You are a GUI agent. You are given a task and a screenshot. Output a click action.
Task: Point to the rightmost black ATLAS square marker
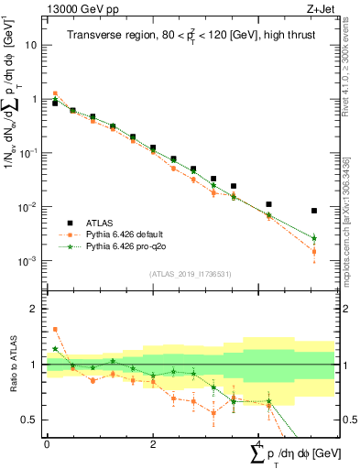click(314, 211)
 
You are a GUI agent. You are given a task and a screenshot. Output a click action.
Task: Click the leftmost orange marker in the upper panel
click(55, 93)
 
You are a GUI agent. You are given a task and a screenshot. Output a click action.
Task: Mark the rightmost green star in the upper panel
click(314, 238)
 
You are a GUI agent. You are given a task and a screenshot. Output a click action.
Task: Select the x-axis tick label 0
click(47, 443)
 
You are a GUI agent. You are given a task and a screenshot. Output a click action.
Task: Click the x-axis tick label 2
click(152, 443)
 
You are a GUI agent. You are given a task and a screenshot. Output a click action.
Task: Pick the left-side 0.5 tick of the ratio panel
click(30, 420)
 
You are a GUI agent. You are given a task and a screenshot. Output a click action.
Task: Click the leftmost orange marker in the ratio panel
click(55, 329)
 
